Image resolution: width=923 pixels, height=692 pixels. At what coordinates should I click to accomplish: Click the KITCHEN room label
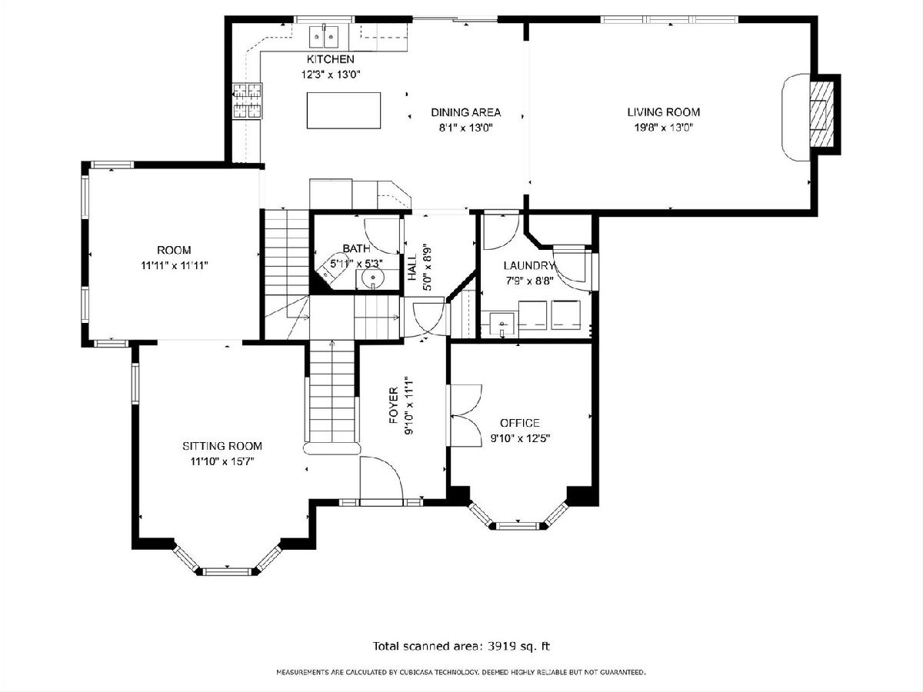[330, 59]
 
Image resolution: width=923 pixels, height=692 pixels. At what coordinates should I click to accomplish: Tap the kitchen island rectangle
[344, 111]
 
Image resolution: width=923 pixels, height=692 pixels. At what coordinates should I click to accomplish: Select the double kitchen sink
[325, 37]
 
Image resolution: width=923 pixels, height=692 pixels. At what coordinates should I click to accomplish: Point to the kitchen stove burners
[248, 101]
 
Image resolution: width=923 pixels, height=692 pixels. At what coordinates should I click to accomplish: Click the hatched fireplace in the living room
[822, 114]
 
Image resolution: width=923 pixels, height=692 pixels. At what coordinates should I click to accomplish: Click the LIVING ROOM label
[664, 112]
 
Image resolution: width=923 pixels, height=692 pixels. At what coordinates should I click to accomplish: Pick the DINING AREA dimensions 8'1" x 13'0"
[465, 128]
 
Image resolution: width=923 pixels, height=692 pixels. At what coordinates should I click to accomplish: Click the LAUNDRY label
[529, 265]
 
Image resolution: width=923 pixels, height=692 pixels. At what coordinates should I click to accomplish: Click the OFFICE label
[520, 423]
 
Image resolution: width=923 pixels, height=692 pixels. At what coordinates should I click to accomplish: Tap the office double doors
[465, 415]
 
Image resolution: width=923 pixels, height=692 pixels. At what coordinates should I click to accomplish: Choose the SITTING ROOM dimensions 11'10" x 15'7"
[222, 462]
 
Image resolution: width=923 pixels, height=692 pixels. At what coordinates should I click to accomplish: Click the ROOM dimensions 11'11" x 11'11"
[175, 265]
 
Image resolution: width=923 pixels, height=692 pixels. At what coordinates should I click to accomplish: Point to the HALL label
[412, 268]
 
